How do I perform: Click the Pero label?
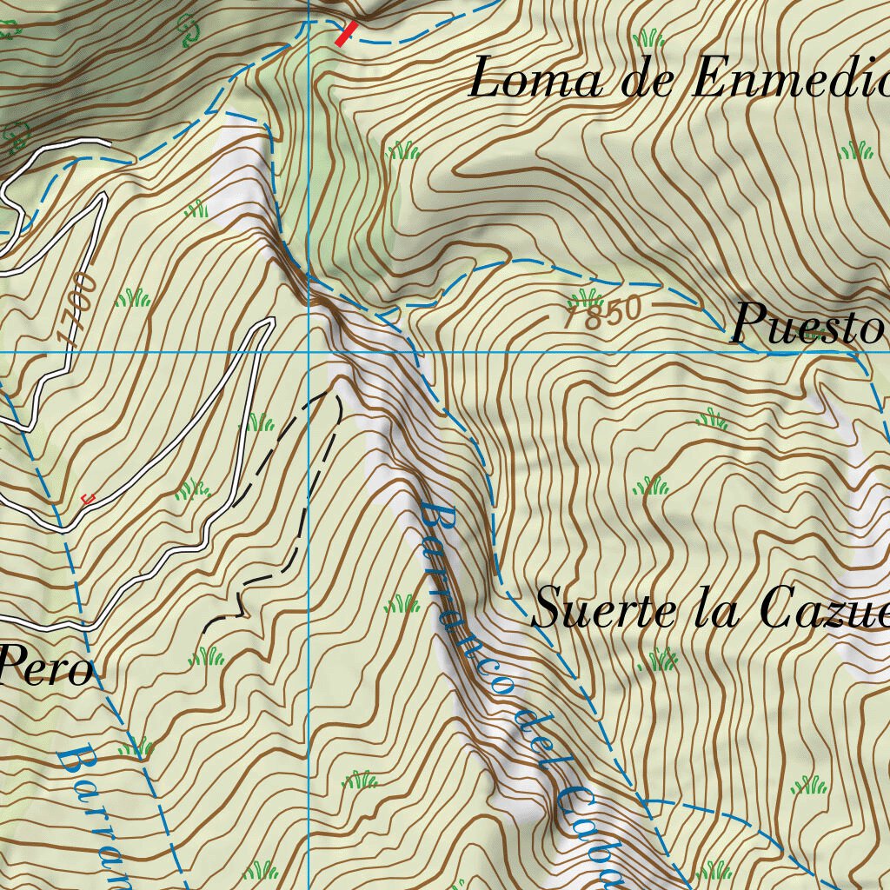point(45,669)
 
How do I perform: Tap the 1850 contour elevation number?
point(602,312)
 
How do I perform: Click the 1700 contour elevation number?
point(76,310)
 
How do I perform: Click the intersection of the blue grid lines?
point(309,352)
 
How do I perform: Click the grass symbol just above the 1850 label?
point(585,296)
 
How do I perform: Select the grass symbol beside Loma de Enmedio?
point(648,38)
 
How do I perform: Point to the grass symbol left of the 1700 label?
point(133,299)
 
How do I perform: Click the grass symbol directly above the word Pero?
point(207,655)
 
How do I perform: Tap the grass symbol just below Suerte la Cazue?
point(659,661)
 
